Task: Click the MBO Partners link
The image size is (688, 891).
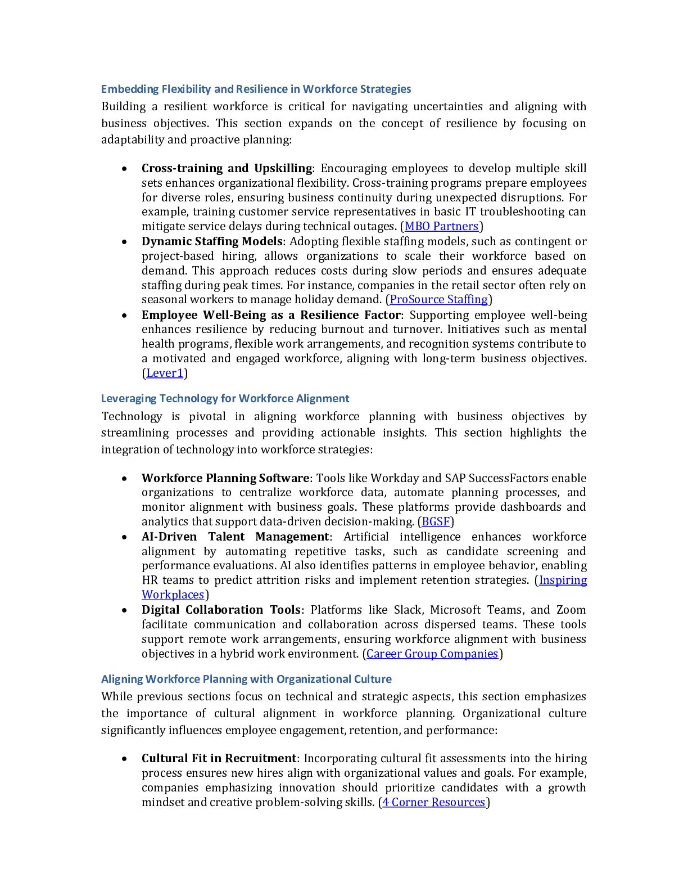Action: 441,227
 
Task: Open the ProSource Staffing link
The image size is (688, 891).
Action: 438,300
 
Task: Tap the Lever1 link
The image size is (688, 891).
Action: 165,373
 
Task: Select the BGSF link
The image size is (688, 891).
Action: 436,522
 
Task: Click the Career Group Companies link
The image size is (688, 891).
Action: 432,654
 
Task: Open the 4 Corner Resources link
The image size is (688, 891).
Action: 433,803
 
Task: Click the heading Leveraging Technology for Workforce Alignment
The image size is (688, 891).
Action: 225,399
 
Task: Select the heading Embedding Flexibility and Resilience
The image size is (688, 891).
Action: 256,89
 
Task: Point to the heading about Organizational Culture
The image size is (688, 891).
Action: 246,679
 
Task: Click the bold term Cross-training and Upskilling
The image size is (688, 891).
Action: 227,168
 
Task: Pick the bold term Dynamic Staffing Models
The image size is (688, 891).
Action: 212,241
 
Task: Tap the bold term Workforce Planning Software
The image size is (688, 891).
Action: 225,478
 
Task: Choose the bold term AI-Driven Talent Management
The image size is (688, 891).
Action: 235,537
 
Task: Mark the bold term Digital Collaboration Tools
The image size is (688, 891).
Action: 221,610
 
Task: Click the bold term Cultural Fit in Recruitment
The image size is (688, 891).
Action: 219,758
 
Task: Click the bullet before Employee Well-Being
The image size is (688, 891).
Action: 124,316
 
